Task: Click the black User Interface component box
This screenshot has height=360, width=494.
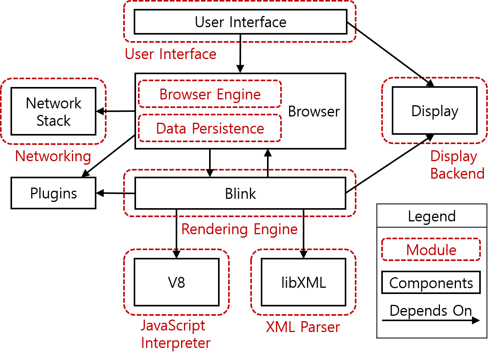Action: [x=241, y=22]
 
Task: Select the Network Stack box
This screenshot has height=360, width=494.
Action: [x=54, y=111]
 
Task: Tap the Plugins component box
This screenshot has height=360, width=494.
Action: [x=54, y=193]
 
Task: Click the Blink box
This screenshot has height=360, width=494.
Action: [x=240, y=193]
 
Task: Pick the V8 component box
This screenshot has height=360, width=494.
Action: [x=176, y=282]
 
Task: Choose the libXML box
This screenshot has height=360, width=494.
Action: [x=304, y=282]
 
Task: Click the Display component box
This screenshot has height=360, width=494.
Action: [x=435, y=111]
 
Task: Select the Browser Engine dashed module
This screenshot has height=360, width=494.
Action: [x=210, y=94]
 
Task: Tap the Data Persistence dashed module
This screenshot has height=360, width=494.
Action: [x=210, y=128]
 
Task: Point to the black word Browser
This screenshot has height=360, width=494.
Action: [x=314, y=111]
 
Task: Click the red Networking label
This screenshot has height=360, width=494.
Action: [x=53, y=157]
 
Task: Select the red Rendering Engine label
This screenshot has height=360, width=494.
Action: [x=239, y=230]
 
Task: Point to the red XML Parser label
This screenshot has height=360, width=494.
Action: [x=303, y=327]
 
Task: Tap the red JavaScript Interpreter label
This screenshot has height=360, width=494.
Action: [x=176, y=334]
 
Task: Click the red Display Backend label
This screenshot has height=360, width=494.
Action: [x=457, y=165]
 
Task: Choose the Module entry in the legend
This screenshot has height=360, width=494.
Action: [x=431, y=250]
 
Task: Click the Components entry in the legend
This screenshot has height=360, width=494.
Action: [x=431, y=283]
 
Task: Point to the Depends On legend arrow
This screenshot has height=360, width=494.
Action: [x=431, y=320]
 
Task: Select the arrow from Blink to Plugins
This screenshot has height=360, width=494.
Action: [x=115, y=193]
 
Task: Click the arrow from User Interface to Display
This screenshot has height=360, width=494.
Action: [x=391, y=54]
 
